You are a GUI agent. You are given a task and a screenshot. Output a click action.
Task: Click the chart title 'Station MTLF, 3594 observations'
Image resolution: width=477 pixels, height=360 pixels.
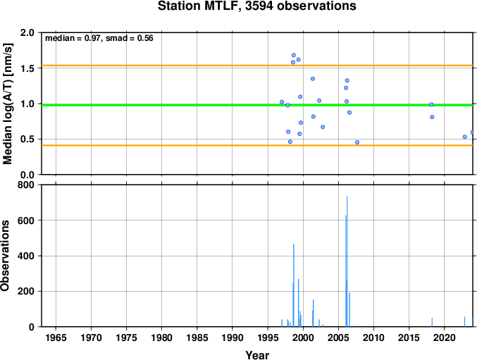pos(256,6)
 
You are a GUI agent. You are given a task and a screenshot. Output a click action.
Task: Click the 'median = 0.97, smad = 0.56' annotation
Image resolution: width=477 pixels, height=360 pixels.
pos(99,38)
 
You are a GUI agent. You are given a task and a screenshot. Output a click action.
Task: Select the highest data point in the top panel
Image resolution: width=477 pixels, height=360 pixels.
pos(294,56)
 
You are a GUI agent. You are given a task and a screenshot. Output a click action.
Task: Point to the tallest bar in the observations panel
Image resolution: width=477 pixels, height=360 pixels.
pos(347,261)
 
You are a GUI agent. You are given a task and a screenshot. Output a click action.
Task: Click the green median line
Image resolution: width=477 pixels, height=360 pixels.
pos(257,105)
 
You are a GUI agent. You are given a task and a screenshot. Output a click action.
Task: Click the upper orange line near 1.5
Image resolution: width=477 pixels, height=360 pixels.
pos(257,66)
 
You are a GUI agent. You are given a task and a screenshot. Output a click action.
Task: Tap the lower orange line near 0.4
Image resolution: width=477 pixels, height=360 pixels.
pos(257,145)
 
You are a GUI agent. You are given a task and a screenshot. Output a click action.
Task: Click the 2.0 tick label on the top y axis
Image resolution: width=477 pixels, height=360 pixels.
pos(27,32)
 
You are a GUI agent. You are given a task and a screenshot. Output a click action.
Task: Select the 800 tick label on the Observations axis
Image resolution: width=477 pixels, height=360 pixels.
pos(26,185)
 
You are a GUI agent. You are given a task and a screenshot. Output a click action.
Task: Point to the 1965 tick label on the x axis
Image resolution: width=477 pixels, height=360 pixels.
pos(56,337)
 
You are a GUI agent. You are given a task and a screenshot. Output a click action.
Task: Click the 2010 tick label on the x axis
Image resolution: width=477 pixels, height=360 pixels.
pos(373,337)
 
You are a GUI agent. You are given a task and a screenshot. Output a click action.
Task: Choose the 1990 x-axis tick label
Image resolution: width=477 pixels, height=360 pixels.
pos(233,337)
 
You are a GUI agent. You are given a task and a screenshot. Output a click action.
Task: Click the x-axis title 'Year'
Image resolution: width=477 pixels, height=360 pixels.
pos(257,355)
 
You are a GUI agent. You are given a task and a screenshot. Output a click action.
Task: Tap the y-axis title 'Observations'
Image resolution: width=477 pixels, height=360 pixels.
pos(5,256)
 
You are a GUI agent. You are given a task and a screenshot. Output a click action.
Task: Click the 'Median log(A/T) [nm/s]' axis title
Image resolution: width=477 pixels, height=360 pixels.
pos(7,104)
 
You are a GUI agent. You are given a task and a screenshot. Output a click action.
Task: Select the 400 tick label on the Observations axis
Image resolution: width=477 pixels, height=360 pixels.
pos(26,256)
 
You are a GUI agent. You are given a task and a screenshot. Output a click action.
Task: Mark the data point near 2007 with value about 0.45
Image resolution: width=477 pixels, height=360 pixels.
pos(357,142)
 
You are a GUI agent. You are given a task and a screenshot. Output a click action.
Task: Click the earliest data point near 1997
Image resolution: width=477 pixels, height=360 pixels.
pos(282,102)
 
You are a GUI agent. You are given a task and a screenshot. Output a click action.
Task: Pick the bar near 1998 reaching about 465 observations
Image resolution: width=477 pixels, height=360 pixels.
pos(294,285)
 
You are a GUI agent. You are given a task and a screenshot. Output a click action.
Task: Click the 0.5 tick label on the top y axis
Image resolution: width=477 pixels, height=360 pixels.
pos(27,139)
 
